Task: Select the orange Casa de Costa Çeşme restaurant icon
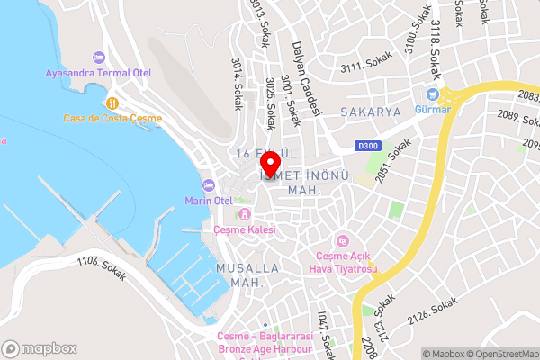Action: click(x=112, y=103)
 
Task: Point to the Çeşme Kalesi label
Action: click(x=244, y=230)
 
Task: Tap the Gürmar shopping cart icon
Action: click(x=433, y=94)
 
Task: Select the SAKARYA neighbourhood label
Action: click(x=370, y=112)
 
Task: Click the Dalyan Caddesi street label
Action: click(x=304, y=79)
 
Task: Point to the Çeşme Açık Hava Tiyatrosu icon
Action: click(x=342, y=240)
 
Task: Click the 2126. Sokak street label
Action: click(x=432, y=312)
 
